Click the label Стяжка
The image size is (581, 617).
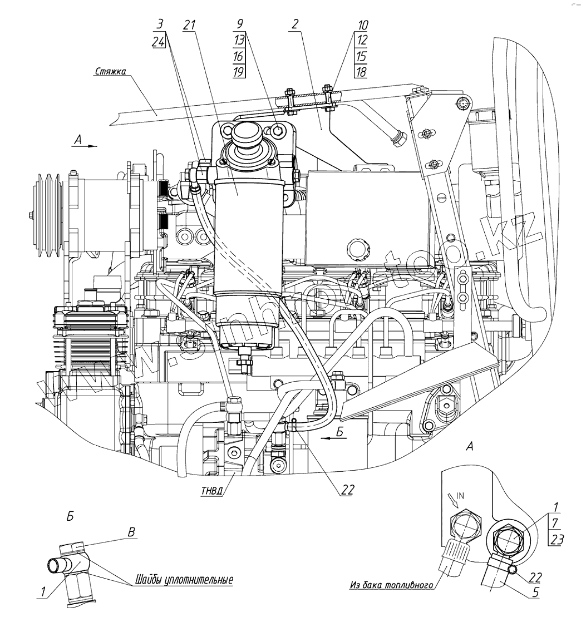[x=110, y=71]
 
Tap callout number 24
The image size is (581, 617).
[x=158, y=41]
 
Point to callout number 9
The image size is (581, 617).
[x=239, y=25]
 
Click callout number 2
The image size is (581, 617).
[x=294, y=25]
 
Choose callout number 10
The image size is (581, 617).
[x=362, y=26]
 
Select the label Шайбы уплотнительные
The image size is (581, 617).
[x=183, y=580]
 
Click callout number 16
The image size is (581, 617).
[x=239, y=56]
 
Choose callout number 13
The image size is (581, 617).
[x=239, y=41]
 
